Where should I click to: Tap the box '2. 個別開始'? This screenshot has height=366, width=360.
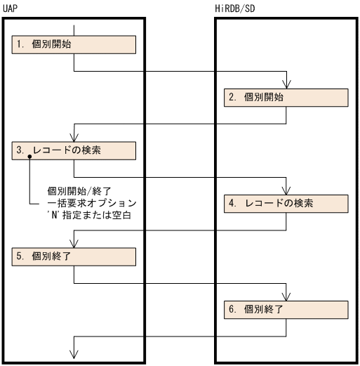tap(286, 98)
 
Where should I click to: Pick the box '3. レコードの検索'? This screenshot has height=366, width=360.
tap(74, 150)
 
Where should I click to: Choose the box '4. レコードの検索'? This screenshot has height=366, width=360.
tap(286, 203)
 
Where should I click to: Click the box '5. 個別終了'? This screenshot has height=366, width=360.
tap(74, 256)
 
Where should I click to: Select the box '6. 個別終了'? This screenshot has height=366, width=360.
tap(286, 309)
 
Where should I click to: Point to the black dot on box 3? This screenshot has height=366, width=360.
tap(30, 158)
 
